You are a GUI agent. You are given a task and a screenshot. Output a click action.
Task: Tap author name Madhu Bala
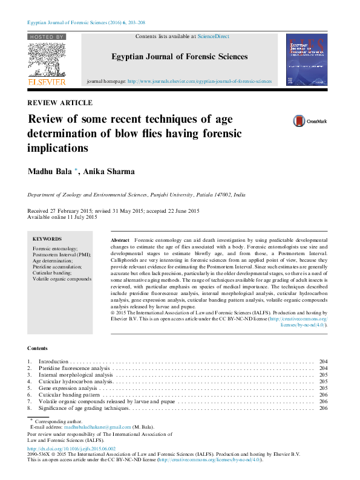point(50,172)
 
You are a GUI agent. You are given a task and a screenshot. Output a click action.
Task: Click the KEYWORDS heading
point(47,239)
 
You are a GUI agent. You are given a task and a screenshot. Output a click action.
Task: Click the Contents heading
point(38,348)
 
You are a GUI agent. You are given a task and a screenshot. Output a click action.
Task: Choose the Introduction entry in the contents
point(53,362)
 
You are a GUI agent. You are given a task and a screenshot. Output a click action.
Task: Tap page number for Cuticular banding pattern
point(323,395)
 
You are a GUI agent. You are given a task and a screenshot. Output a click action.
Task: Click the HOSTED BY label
point(46,37)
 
